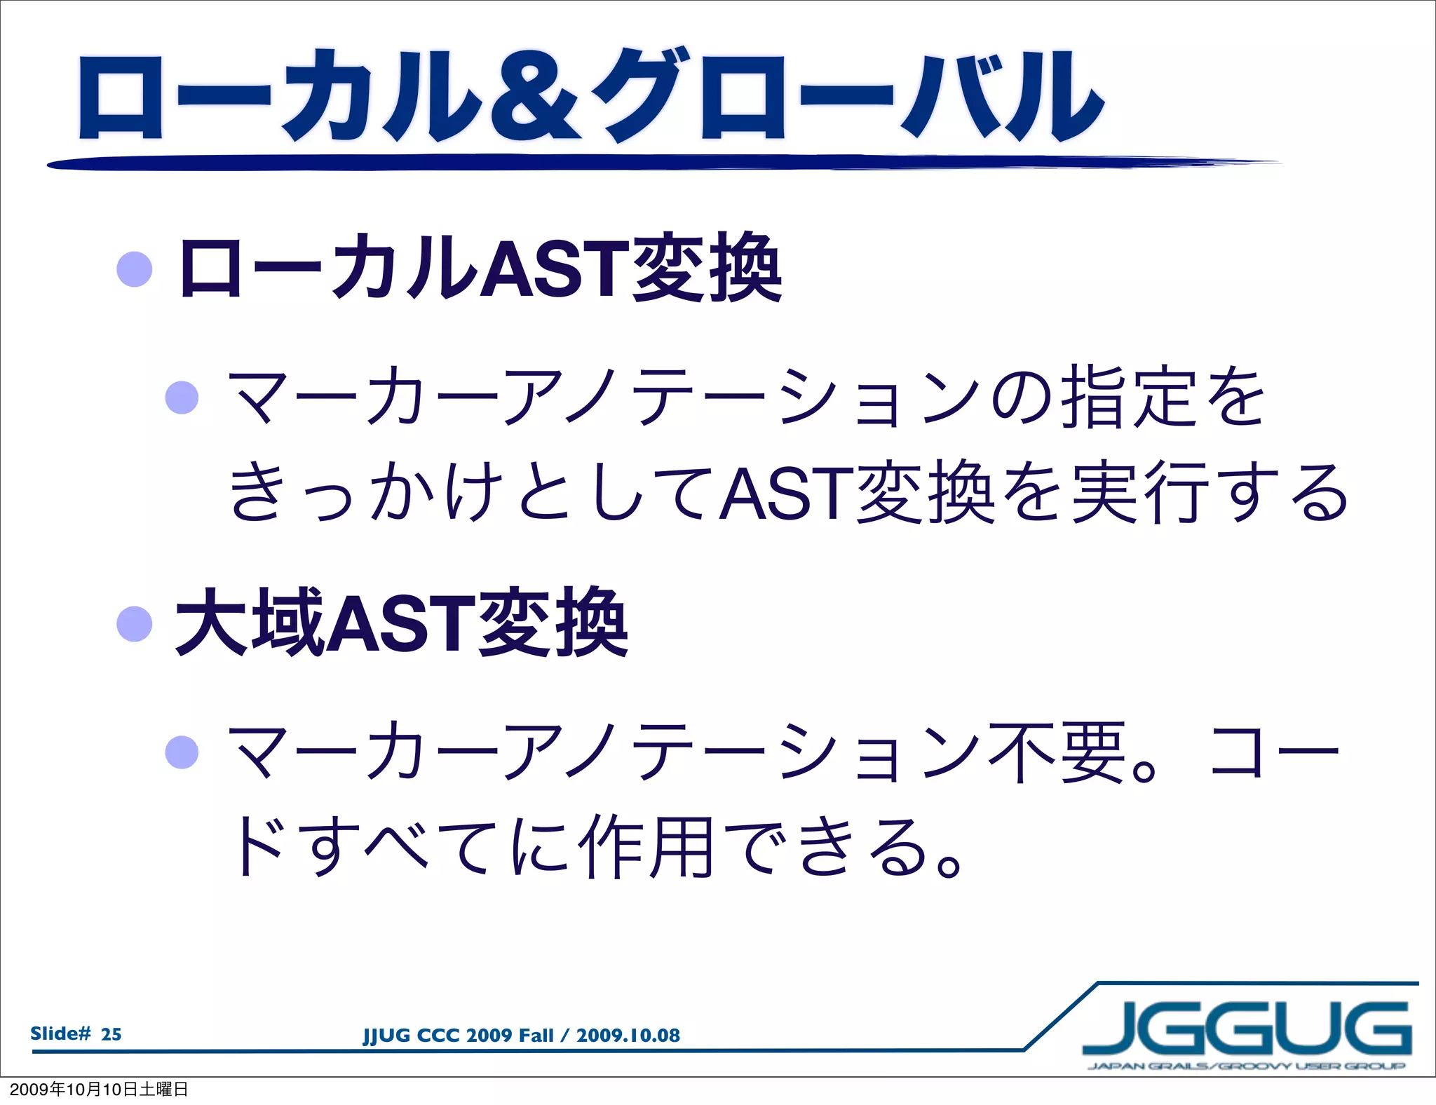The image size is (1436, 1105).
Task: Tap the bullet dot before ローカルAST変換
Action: coord(135,269)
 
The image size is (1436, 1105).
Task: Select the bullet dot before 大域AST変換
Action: coord(135,623)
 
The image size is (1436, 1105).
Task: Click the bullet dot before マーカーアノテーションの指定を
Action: coord(182,398)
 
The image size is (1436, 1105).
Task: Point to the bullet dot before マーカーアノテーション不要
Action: coord(182,752)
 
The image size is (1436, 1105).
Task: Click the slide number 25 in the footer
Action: coord(111,1034)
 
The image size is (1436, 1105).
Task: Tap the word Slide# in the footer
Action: coord(60,1033)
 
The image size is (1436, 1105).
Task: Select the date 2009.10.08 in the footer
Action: coord(628,1036)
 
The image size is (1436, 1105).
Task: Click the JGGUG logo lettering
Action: coord(1247,1029)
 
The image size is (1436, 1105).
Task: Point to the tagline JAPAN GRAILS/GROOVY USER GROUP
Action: coord(1246,1066)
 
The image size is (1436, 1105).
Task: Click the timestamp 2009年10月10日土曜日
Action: coord(99,1090)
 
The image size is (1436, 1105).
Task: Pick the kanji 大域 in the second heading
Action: coord(249,623)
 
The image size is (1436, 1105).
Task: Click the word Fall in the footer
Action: coord(537,1036)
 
